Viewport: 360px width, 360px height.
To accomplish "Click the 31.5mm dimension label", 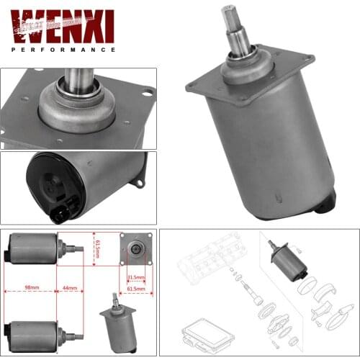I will pyautogui.click(x=136, y=276).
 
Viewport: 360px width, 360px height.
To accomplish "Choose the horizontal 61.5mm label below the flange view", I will pyautogui.click(x=135, y=289).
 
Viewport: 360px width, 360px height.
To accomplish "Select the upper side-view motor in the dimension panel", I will pyautogui.click(x=36, y=249).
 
